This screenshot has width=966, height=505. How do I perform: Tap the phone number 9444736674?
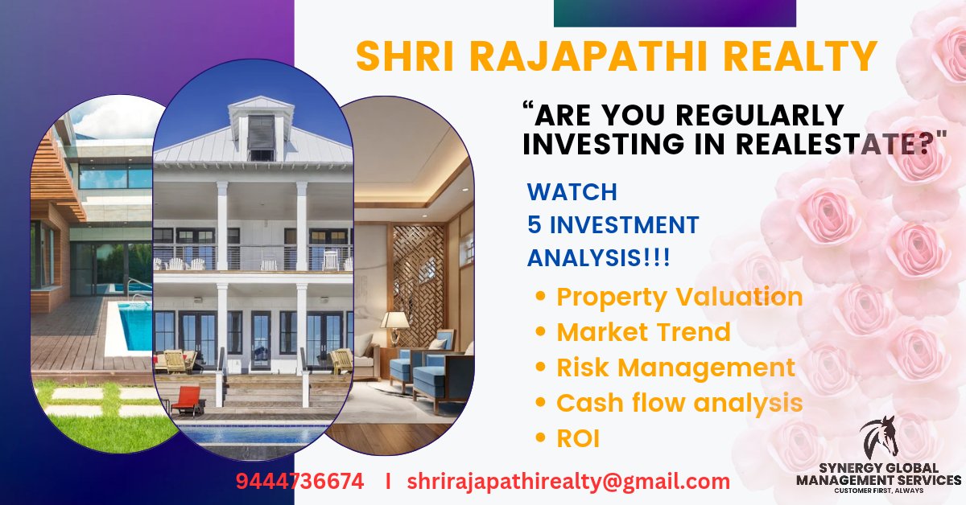[x=299, y=482]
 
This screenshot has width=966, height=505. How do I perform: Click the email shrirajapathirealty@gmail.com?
[x=568, y=482]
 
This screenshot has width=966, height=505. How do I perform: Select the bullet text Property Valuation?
[x=679, y=297]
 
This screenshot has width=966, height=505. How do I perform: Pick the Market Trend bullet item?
[x=643, y=332]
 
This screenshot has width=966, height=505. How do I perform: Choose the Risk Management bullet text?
[x=675, y=367]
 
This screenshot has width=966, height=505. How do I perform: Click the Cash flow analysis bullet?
[x=679, y=403]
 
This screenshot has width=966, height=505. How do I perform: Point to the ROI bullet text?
[x=578, y=438]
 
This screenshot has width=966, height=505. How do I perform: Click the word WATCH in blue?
[x=572, y=193]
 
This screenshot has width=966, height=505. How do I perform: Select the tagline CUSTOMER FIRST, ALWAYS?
[x=878, y=491]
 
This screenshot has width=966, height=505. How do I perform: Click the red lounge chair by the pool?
[x=188, y=399]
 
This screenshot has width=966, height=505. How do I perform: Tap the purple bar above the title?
[x=675, y=14]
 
